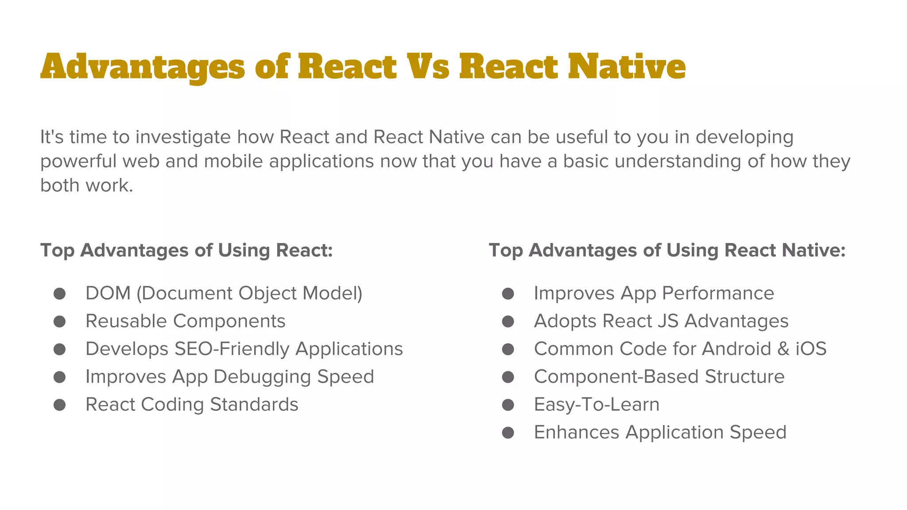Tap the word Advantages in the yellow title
click(142, 67)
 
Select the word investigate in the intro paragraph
click(183, 137)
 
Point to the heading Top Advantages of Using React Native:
click(667, 250)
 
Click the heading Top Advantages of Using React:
click(186, 250)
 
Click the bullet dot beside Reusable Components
click(60, 321)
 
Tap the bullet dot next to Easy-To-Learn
click(508, 405)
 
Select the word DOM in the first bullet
click(108, 293)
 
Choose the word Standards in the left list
click(254, 405)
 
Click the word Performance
click(718, 293)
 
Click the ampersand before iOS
click(783, 349)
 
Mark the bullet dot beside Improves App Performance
click(508, 294)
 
